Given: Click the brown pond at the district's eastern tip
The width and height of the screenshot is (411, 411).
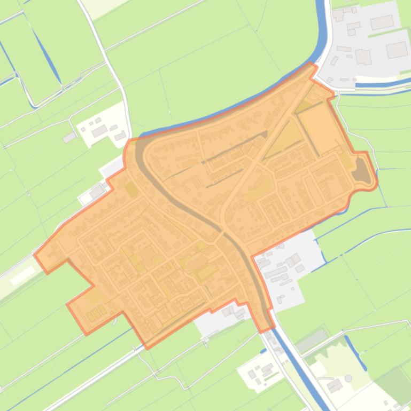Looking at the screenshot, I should [x=363, y=172].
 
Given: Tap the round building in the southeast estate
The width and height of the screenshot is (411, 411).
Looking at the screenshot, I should [x=348, y=378].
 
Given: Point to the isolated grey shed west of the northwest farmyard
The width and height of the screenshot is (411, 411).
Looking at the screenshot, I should [x=69, y=138].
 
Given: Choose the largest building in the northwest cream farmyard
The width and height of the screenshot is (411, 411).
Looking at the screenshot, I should [x=99, y=131].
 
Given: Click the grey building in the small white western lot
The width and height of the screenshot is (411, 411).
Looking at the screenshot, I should [x=97, y=191].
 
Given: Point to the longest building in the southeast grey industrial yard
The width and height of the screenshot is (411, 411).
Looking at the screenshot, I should [x=276, y=273].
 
